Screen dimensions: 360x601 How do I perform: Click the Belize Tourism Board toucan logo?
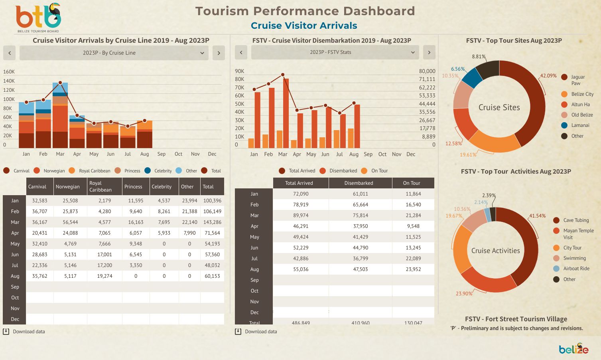click(x=38, y=18)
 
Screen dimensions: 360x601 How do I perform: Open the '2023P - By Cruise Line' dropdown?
click(x=114, y=53)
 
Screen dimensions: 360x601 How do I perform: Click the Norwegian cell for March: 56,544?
click(x=70, y=222)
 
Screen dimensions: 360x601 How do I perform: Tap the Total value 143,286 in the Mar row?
click(x=212, y=222)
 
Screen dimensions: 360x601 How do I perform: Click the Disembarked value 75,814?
click(x=360, y=216)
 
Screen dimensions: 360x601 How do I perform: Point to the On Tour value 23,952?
click(x=413, y=269)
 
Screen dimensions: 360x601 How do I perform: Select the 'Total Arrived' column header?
click(x=299, y=183)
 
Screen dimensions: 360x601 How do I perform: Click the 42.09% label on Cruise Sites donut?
click(x=548, y=76)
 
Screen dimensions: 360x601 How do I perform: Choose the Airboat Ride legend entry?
click(x=576, y=269)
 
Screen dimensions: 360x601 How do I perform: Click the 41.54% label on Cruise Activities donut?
click(x=537, y=216)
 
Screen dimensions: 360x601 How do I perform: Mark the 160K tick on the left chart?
click(x=9, y=72)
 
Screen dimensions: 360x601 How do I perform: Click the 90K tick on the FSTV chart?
click(x=239, y=71)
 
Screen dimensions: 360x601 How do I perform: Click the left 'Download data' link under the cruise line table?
click(x=29, y=332)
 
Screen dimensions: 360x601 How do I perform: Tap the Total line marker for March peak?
click(x=60, y=83)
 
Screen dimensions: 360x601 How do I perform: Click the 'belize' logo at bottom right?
click(x=573, y=349)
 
